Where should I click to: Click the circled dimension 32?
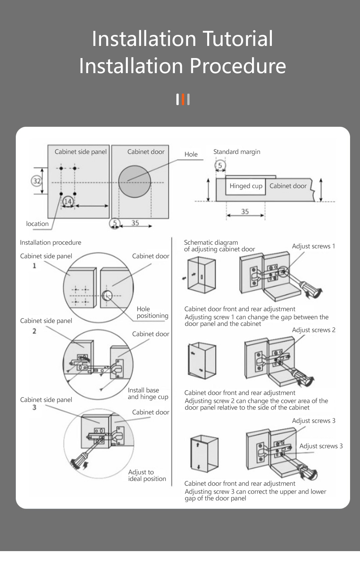click(37, 181)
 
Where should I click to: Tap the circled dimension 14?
click(68, 201)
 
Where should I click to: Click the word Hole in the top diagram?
click(191, 154)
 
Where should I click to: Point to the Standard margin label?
click(237, 152)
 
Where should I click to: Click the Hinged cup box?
click(245, 186)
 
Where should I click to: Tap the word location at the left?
click(37, 224)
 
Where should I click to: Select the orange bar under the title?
click(183, 99)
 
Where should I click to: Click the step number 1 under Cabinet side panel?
click(34, 266)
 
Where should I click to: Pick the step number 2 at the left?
click(34, 331)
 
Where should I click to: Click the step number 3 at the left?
click(34, 407)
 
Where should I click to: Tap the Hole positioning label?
click(152, 312)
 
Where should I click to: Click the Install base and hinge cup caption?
click(148, 393)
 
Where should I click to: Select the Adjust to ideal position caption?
click(147, 475)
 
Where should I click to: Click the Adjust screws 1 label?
click(313, 246)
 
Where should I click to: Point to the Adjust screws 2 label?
click(313, 330)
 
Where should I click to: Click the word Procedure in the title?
click(238, 66)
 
